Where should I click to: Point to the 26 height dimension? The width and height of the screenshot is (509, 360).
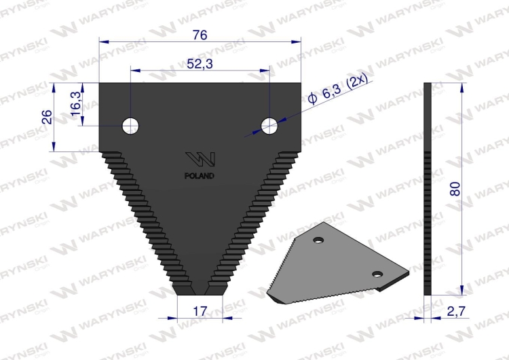tap(47, 117)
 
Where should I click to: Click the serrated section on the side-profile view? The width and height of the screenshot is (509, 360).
tap(428, 217)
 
